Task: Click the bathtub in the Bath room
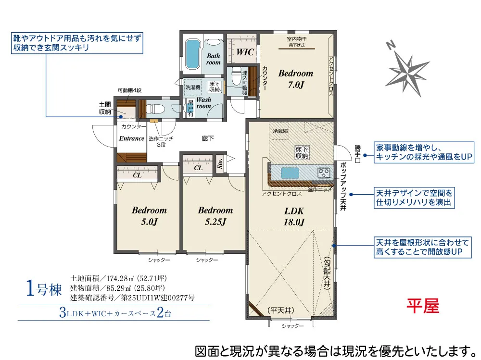click(193, 54)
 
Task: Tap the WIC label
click(245, 52)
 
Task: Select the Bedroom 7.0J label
click(296, 79)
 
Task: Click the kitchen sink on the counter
click(290, 173)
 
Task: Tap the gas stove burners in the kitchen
click(324, 173)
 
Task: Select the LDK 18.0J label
click(294, 216)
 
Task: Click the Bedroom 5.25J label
click(215, 216)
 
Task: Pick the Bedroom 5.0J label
click(150, 216)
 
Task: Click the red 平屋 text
click(423, 306)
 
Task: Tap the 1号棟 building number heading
click(44, 289)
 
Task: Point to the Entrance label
click(132, 138)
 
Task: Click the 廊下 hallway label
click(208, 138)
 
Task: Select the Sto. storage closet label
click(220, 163)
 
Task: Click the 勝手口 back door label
click(357, 154)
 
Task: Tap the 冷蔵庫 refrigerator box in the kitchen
click(280, 131)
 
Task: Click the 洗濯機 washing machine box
click(193, 87)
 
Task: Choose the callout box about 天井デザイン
click(414, 198)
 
